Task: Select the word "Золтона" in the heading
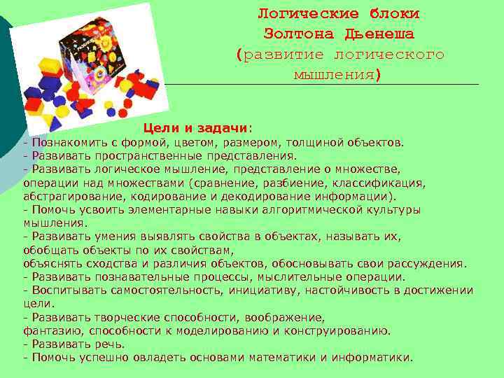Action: (297, 34)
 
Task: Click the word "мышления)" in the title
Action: (338, 74)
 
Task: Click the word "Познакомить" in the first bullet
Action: (64, 143)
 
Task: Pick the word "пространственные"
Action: (142, 156)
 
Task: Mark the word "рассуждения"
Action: (428, 263)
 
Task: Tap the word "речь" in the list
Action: (111, 344)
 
